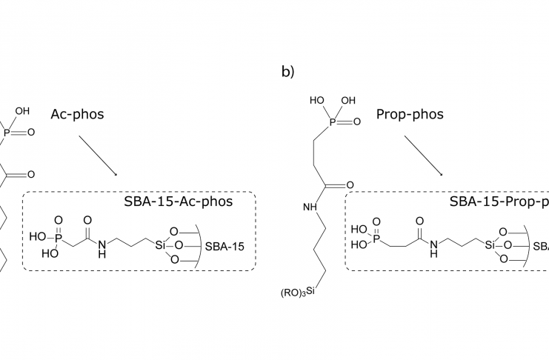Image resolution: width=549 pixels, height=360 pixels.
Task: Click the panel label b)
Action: pyautogui.click(x=287, y=72)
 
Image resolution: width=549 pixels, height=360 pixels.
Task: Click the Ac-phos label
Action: pyautogui.click(x=77, y=115)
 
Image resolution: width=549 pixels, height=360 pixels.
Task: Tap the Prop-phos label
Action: pyautogui.click(x=410, y=115)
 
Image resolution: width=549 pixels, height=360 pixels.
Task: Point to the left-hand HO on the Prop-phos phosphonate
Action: pyautogui.click(x=316, y=99)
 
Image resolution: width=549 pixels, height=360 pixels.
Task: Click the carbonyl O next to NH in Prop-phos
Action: pyautogui.click(x=350, y=184)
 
